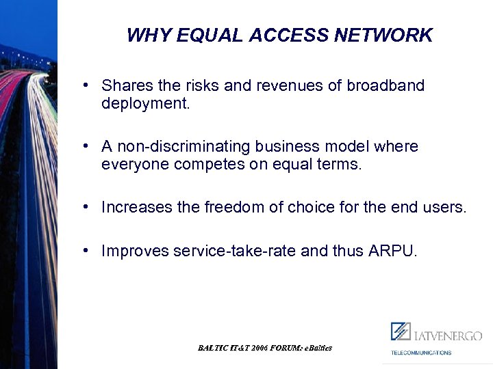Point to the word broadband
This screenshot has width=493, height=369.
(385, 86)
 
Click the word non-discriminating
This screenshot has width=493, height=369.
(184, 147)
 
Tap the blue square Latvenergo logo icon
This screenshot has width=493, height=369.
(401, 331)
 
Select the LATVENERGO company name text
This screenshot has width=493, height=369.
(446, 335)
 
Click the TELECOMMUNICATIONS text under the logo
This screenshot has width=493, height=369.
(421, 353)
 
